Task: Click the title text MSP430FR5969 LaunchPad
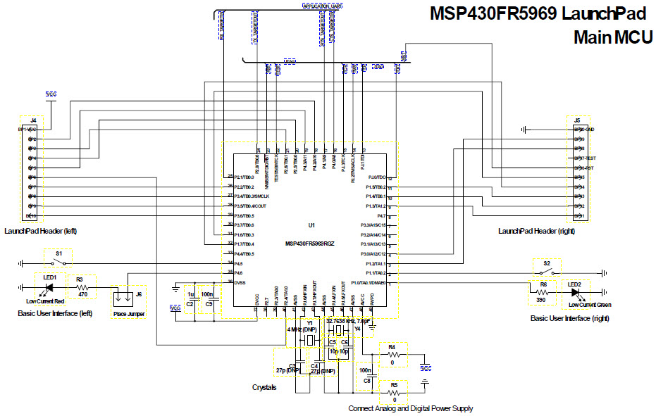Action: tap(538, 14)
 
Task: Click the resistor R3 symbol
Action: tap(83, 288)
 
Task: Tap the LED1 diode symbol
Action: tap(49, 288)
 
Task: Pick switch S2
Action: tap(547, 272)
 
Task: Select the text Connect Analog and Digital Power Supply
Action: tap(410, 408)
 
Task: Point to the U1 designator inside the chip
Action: tap(311, 225)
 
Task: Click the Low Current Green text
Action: tap(590, 305)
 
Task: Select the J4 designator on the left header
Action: tap(32, 121)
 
